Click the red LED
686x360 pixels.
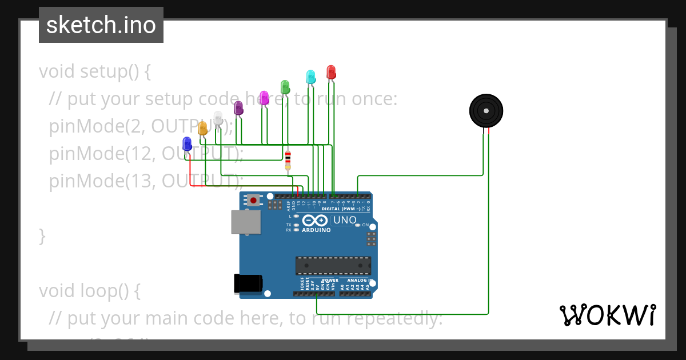pyautogui.click(x=331, y=72)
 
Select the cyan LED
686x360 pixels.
pyautogui.click(x=311, y=77)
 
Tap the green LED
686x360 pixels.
pyautogui.click(x=285, y=87)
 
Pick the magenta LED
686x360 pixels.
pyautogui.click(x=264, y=97)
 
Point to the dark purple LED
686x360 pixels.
pyautogui.click(x=238, y=107)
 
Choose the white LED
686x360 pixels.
pyautogui.click(x=218, y=118)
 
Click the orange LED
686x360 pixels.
pyautogui.click(x=202, y=128)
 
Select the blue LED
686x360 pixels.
pyautogui.click(x=187, y=143)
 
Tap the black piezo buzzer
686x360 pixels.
pyautogui.click(x=486, y=111)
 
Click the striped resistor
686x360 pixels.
pyautogui.click(x=288, y=160)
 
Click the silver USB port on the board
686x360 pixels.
pyautogui.click(x=246, y=222)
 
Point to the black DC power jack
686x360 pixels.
pyautogui.click(x=248, y=284)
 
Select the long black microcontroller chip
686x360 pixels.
pyautogui.click(x=333, y=266)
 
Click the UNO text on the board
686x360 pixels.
pyautogui.click(x=345, y=220)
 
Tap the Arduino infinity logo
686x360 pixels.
pyautogui.click(x=316, y=221)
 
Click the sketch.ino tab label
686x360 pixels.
pyautogui.click(x=101, y=25)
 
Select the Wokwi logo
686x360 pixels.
pyautogui.click(x=607, y=315)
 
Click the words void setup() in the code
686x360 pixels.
pyautogui.click(x=95, y=72)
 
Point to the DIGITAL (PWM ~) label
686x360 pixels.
pyautogui.click(x=341, y=209)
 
